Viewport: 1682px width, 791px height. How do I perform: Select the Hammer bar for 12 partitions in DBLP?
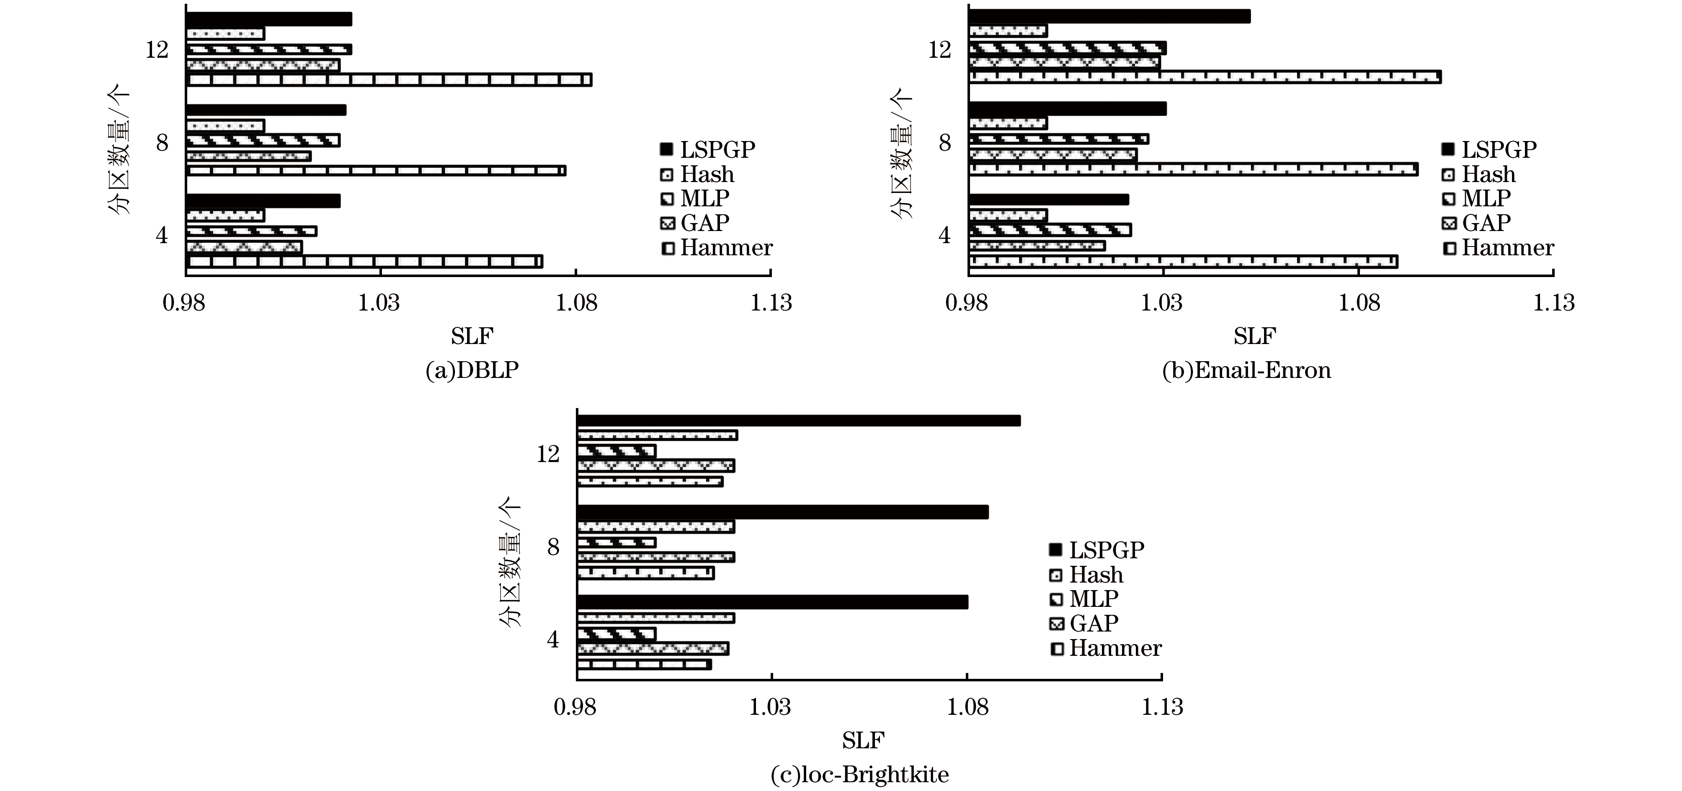[389, 80]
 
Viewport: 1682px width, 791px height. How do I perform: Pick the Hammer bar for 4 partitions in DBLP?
[364, 261]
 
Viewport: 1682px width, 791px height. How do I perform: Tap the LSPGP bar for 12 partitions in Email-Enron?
[1109, 16]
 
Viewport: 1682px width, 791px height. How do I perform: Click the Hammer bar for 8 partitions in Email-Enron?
[1192, 169]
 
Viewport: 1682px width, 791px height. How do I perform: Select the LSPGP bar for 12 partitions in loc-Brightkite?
[798, 420]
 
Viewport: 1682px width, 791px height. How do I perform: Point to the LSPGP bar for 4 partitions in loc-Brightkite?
[772, 602]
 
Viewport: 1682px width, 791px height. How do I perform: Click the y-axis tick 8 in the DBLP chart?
[162, 142]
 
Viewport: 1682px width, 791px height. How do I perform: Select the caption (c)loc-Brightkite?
[860, 775]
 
